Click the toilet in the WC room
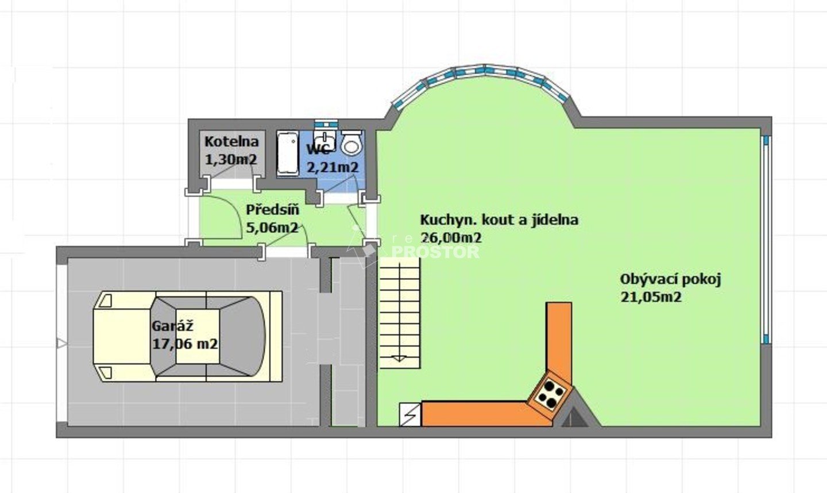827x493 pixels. [351, 142]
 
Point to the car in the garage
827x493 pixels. [188, 336]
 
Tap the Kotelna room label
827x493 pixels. [232, 141]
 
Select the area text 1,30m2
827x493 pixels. [231, 160]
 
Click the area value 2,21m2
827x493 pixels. [333, 167]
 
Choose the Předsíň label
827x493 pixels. [272, 209]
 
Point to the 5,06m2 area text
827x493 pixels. [272, 228]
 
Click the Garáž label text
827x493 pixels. [172, 326]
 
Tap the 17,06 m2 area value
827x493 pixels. [185, 344]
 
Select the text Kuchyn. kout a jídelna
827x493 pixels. [499, 220]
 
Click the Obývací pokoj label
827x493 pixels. [670, 280]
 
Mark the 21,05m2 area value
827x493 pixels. [651, 297]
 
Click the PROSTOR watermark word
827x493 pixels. [435, 252]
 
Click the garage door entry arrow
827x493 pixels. [61, 344]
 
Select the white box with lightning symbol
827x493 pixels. [410, 415]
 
